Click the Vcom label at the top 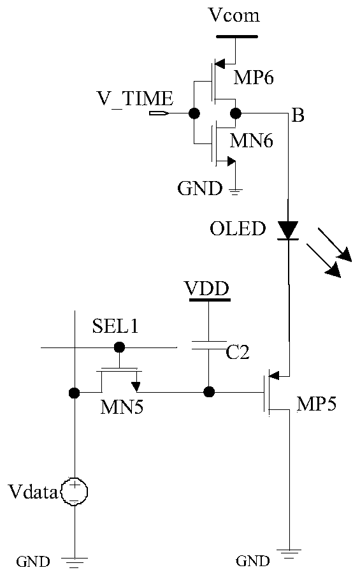(234, 15)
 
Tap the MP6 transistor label (254, 78)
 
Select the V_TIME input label (134, 99)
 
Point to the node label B (298, 115)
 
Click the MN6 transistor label (252, 140)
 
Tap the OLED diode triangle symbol (288, 230)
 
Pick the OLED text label (238, 228)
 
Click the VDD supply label (207, 288)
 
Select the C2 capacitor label (238, 353)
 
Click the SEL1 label (115, 326)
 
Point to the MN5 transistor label (122, 407)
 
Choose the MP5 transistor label (316, 404)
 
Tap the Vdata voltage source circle (75, 492)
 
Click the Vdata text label (33, 492)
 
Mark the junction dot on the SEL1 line (119, 347)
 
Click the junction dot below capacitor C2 (209, 392)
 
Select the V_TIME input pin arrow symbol (159, 113)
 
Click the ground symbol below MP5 (289, 555)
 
